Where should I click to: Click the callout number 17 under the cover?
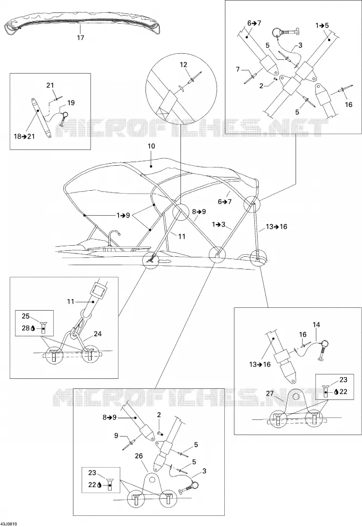click(x=81, y=38)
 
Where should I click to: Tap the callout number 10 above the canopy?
click(x=152, y=146)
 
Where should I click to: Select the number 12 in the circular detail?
click(x=183, y=65)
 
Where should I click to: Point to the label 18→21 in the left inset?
click(x=24, y=136)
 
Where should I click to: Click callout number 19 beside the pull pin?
click(x=71, y=103)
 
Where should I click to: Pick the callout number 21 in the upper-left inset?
click(x=50, y=85)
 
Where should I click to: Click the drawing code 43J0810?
click(x=9, y=524)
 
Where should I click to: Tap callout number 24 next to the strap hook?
click(x=98, y=334)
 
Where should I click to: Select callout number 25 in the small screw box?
click(x=26, y=316)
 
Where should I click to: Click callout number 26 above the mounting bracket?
click(x=139, y=456)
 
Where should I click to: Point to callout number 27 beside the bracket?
click(x=270, y=393)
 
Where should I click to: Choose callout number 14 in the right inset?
click(x=316, y=325)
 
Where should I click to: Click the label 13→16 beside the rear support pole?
click(x=276, y=227)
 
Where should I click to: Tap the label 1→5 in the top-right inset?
click(x=322, y=26)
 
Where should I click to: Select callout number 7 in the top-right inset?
click(x=238, y=69)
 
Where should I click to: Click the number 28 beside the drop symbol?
click(x=26, y=328)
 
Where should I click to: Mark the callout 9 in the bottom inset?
click(x=117, y=435)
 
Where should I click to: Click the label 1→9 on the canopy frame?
click(x=123, y=215)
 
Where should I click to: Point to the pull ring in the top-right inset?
click(x=276, y=33)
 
